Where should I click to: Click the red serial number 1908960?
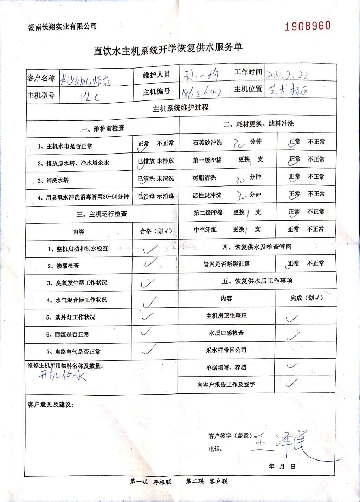308,26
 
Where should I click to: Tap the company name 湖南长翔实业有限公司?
62,26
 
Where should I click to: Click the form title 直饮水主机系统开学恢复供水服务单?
168,48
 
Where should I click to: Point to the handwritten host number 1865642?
201,92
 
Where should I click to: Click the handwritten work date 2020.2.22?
287,74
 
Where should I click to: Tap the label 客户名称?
41,78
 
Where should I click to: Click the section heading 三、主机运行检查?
102,214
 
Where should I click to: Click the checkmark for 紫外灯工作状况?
147,316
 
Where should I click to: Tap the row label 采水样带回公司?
226,350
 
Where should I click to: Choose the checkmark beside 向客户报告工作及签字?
292,383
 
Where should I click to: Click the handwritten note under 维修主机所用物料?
63,376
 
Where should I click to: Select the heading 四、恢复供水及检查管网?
257,247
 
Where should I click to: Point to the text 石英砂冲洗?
207,142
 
